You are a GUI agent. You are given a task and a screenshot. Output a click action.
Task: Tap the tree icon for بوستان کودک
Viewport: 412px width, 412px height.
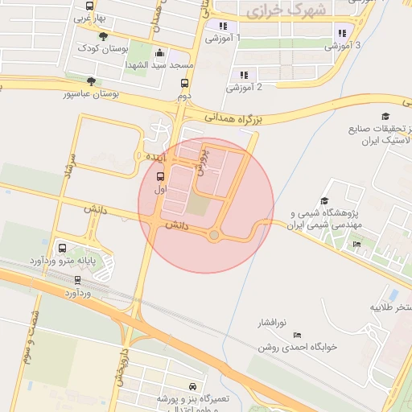click(x=103, y=36)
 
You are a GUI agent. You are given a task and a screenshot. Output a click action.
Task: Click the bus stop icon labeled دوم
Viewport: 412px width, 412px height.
click(x=185, y=83)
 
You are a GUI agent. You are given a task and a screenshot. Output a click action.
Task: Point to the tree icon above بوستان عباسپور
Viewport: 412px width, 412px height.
click(x=91, y=81)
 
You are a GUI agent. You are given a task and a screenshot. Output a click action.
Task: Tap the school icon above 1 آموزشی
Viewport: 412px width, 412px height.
click(x=222, y=26)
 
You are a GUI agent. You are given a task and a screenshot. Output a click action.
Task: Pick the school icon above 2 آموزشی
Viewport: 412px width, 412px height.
click(x=244, y=75)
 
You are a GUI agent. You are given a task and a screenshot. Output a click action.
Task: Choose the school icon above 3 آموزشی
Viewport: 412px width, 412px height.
click(x=342, y=34)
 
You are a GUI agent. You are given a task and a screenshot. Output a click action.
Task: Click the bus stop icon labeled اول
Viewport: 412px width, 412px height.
click(x=159, y=177)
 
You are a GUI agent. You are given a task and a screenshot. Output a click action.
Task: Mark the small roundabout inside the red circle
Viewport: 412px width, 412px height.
click(x=214, y=235)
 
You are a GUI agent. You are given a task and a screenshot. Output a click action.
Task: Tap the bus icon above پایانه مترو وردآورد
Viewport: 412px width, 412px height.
click(x=63, y=248)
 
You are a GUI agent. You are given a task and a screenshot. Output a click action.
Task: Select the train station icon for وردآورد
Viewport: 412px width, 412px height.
click(x=77, y=280)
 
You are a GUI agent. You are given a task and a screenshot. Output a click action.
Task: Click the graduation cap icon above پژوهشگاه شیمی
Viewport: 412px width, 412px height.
click(x=324, y=201)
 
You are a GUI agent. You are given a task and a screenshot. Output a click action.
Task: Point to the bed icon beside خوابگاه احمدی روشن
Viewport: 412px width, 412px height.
click(x=298, y=335)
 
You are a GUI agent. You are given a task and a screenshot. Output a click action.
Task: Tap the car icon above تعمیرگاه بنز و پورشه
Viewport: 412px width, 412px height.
click(x=192, y=386)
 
